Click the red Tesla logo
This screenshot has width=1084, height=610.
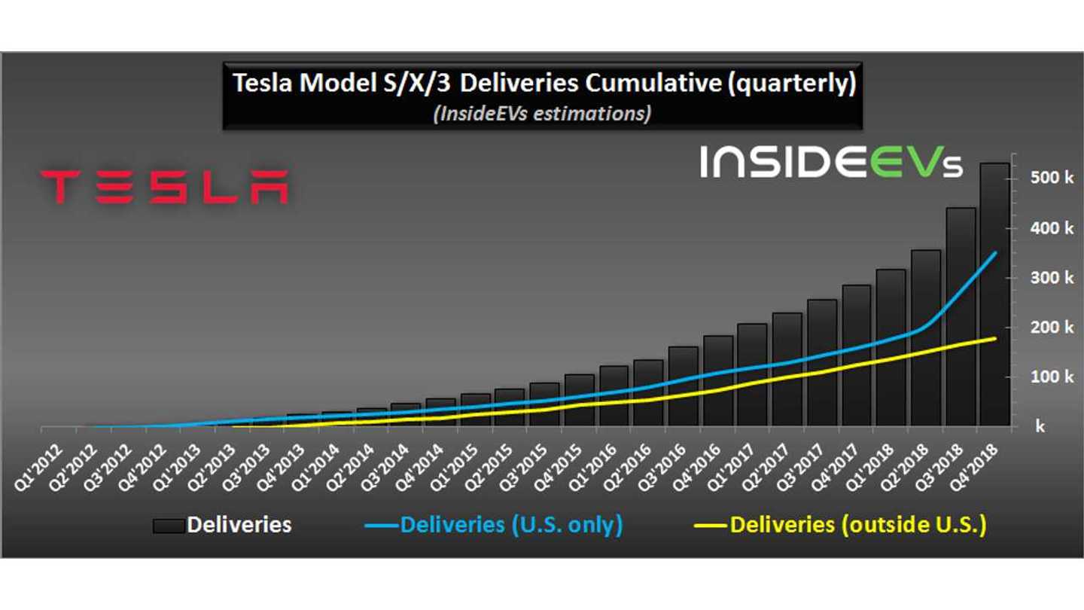(x=163, y=187)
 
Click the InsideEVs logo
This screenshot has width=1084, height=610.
(x=831, y=161)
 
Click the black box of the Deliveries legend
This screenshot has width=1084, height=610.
(x=168, y=526)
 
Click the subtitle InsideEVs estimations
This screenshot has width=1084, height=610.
(x=542, y=114)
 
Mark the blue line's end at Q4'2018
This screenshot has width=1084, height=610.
(x=995, y=253)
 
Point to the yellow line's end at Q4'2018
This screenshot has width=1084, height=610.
(x=995, y=338)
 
